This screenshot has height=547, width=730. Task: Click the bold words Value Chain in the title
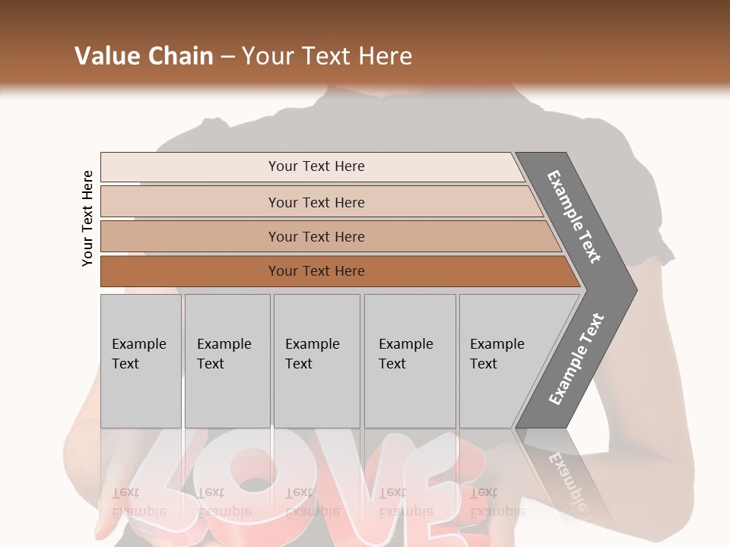(x=144, y=56)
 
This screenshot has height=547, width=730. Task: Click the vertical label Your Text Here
(x=87, y=218)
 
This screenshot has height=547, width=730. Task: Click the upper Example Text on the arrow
(x=574, y=217)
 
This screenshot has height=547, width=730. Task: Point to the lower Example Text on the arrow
(x=576, y=359)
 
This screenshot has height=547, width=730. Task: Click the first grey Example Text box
(x=141, y=361)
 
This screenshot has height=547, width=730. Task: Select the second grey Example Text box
(x=227, y=361)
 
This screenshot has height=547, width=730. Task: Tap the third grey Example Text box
(x=316, y=361)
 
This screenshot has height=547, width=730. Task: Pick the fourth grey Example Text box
(x=410, y=361)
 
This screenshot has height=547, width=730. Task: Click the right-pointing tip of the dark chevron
(x=634, y=290)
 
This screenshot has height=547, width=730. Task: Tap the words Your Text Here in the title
(x=327, y=56)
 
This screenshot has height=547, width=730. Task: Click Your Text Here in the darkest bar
(x=316, y=271)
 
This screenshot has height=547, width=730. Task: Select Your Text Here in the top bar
(x=316, y=166)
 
